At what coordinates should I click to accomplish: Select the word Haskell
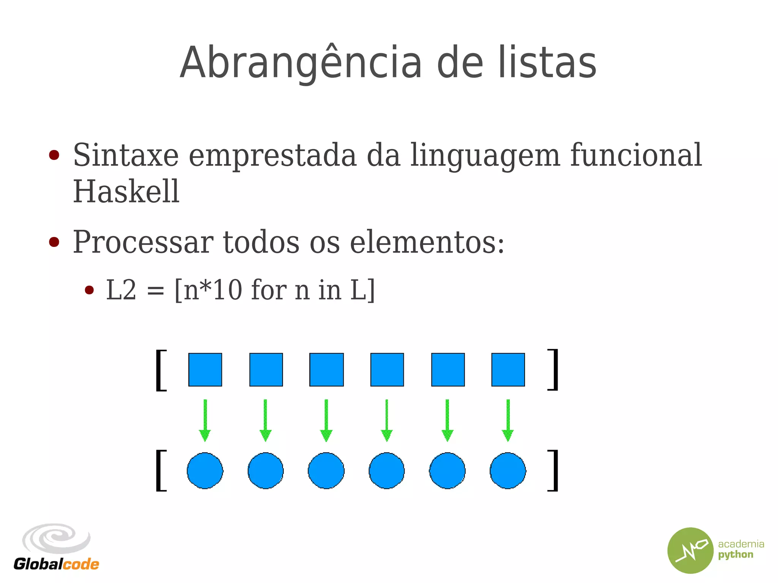pyautogui.click(x=126, y=191)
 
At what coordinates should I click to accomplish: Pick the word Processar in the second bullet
pyautogui.click(x=143, y=242)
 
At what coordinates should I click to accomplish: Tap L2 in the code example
pyautogui.click(x=121, y=290)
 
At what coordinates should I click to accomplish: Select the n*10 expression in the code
pyautogui.click(x=213, y=290)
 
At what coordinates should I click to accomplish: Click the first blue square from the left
pyautogui.click(x=205, y=370)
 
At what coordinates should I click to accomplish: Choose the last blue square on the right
pyautogui.click(x=508, y=370)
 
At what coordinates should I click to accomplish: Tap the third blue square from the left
pyautogui.click(x=326, y=370)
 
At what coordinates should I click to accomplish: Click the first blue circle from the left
pyautogui.click(x=205, y=471)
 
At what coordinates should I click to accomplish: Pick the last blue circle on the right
pyautogui.click(x=508, y=471)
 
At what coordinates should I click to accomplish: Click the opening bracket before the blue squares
pyautogui.click(x=161, y=370)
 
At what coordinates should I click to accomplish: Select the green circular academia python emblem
pyautogui.click(x=690, y=550)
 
